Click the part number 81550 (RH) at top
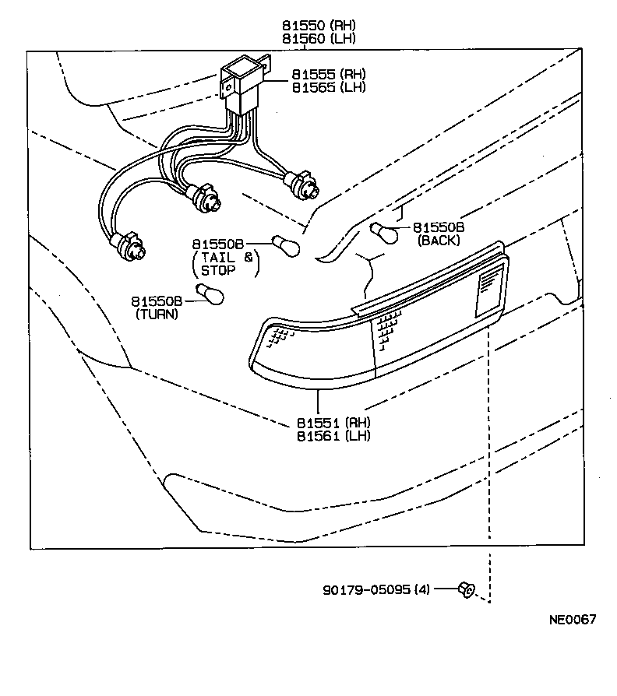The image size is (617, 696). (318, 26)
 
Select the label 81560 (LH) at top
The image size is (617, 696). (318, 39)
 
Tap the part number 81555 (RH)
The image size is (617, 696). (329, 74)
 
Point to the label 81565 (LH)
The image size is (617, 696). (329, 87)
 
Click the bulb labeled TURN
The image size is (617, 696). (210, 295)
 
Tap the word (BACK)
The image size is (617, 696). (439, 241)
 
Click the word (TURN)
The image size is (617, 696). (157, 315)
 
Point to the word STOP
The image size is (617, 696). (218, 271)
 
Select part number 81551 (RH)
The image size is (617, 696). (333, 422)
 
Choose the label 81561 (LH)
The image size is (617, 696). (333, 435)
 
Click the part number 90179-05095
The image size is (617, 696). (366, 589)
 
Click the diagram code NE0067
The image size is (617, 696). (573, 620)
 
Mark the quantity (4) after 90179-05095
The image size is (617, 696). (421, 589)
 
